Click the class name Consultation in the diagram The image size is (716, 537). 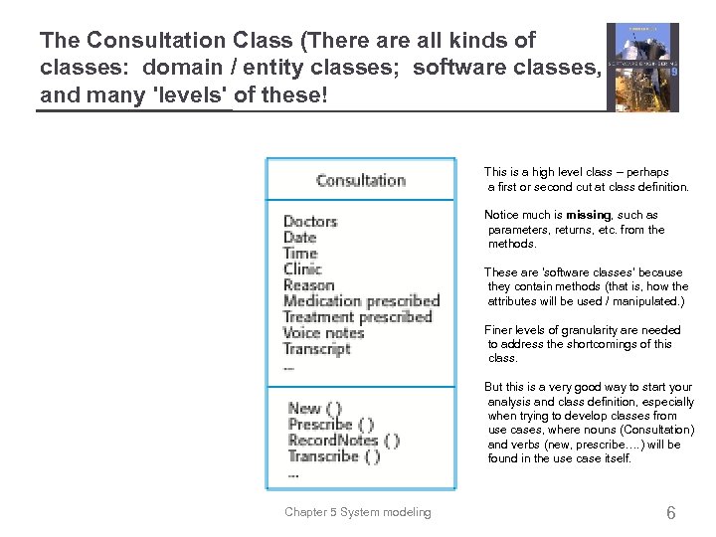pos(360,180)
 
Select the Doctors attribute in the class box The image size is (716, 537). pos(310,221)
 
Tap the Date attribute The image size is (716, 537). pos(299,237)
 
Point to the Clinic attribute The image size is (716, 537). pos(302,268)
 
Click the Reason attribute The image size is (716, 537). pos(309,284)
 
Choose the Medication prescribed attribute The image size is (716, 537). pos(361,300)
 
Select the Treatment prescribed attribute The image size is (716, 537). pos(357,316)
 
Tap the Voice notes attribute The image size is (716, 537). pos(323,332)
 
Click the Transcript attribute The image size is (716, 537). pos(316,349)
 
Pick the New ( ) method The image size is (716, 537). pos(314,408)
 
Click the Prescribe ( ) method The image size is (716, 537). pos(330,425)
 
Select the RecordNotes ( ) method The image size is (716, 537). pos(343,441)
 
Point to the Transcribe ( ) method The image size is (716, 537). pos(333,456)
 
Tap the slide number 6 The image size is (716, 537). pos(671,513)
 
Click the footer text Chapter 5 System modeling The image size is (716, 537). pos(358,512)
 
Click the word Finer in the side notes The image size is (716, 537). pos(499,330)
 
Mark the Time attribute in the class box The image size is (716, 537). pos(299,253)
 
